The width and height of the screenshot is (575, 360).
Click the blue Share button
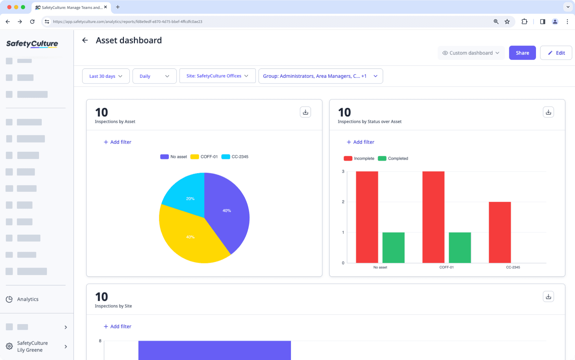point(522,53)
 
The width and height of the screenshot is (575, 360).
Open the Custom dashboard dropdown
point(471,53)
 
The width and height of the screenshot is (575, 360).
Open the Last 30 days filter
point(105,76)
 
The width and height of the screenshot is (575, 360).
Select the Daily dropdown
point(154,76)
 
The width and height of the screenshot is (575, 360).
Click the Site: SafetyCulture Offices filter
point(217,76)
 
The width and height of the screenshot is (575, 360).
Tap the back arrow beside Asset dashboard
point(85,40)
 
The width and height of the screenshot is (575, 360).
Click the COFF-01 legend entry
point(204,157)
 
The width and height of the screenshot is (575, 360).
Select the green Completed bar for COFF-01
point(460,248)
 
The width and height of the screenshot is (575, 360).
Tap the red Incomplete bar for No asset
point(367,217)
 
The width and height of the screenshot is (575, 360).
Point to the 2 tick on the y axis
point(343,202)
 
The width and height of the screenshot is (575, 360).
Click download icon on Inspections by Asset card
point(305,112)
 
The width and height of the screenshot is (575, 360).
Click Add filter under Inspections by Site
point(117,326)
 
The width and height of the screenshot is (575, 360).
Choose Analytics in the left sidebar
point(27,299)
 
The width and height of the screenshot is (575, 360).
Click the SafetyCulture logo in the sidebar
point(32,44)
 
